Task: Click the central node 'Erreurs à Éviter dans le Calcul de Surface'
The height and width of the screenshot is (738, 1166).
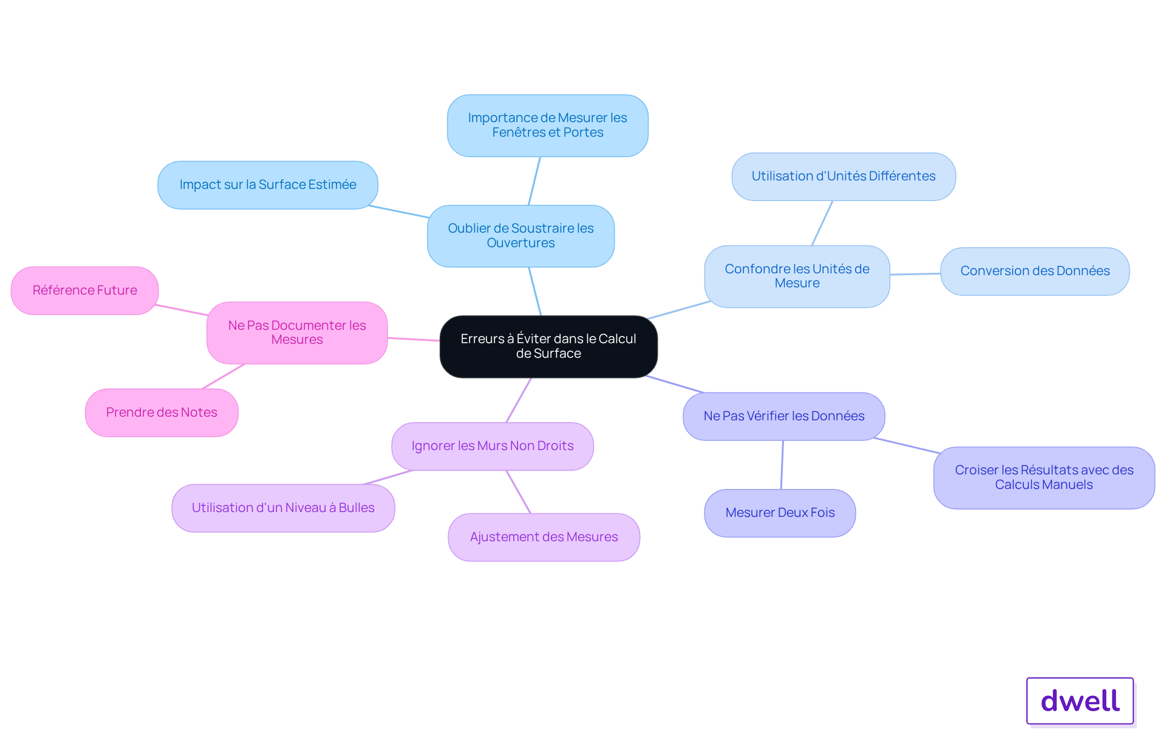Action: tap(548, 346)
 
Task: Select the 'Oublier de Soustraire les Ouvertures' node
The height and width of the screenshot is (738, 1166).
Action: tap(520, 236)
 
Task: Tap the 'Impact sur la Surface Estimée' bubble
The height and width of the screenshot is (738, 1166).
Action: tap(268, 185)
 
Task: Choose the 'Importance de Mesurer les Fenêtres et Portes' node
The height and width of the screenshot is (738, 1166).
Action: tap(547, 125)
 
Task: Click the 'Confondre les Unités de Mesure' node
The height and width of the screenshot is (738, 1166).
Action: tap(797, 276)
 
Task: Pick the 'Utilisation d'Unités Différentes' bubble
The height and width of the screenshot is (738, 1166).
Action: tap(844, 176)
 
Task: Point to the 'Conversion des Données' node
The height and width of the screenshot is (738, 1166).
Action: tap(1035, 271)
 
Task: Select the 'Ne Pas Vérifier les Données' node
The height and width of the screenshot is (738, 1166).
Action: tap(783, 416)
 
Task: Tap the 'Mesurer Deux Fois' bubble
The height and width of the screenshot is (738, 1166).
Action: tap(780, 513)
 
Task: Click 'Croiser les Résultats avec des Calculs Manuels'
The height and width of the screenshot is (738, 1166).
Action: tap(1044, 477)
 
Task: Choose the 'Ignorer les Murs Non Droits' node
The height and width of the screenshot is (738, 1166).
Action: tap(493, 446)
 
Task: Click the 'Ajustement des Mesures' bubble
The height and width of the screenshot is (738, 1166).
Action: tap(544, 537)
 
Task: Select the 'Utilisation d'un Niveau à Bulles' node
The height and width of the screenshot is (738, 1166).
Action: tap(283, 508)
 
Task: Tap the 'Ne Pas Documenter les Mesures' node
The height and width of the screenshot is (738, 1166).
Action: tap(297, 333)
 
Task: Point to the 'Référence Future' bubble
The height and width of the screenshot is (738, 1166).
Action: tap(84, 290)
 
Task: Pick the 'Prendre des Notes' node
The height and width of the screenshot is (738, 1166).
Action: tap(162, 412)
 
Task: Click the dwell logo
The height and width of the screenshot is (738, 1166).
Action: tap(1080, 700)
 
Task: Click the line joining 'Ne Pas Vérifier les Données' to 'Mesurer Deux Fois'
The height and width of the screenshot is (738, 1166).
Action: tap(782, 465)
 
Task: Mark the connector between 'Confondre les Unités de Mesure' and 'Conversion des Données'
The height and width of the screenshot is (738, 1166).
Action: tap(915, 274)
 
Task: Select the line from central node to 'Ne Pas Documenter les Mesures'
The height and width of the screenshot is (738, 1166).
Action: tap(414, 339)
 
